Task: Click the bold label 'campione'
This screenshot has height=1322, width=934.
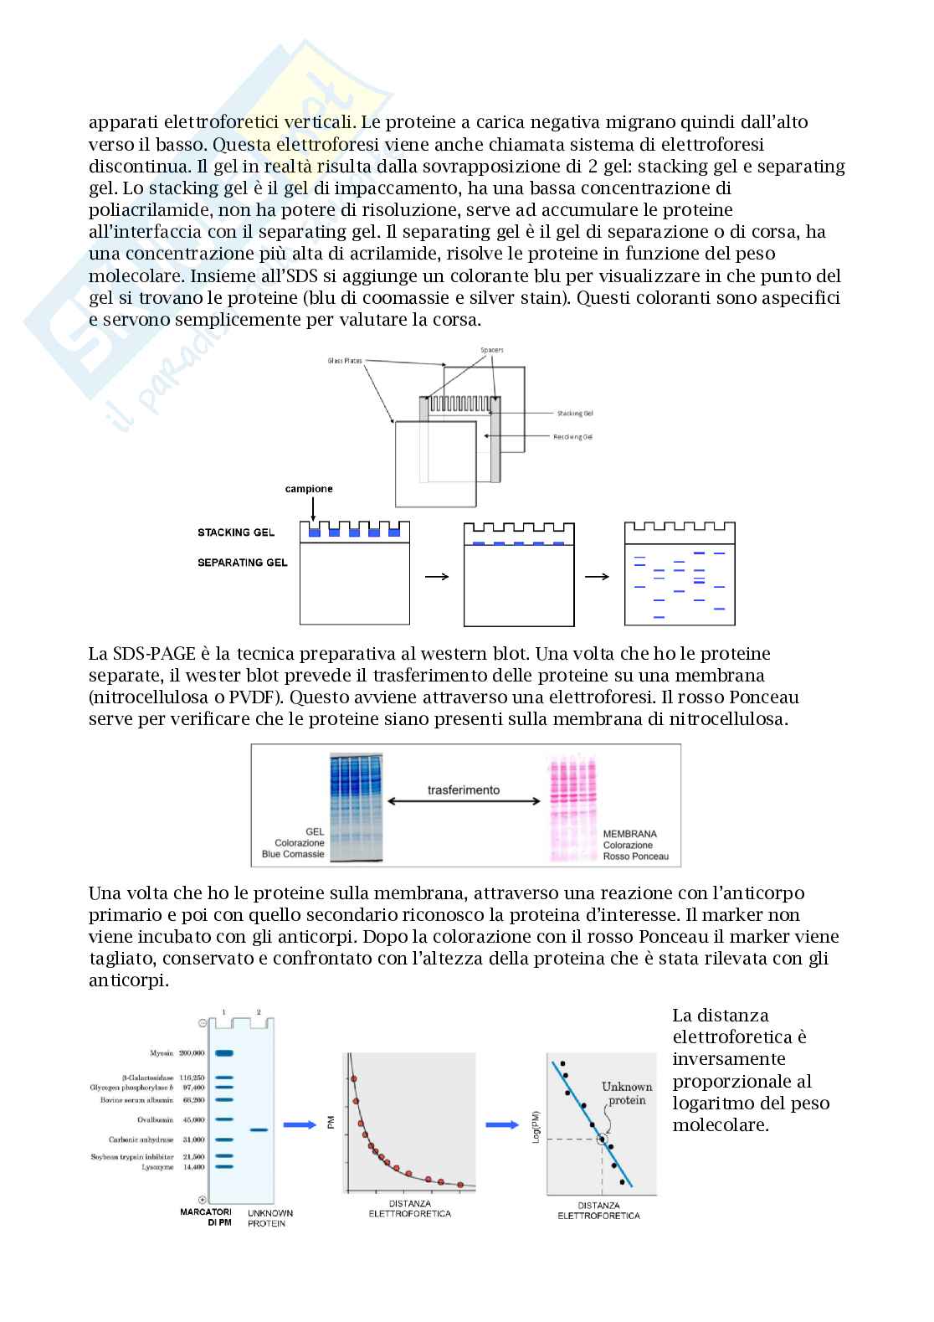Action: point(309,489)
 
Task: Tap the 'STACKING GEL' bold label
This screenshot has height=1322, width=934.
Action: point(236,532)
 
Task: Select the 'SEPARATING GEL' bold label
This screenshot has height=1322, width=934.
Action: point(242,563)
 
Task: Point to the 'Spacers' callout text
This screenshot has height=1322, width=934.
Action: point(492,350)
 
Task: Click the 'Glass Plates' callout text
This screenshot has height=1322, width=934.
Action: point(345,361)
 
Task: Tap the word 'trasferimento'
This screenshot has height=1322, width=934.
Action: point(464,790)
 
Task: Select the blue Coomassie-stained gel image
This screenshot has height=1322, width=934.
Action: point(356,807)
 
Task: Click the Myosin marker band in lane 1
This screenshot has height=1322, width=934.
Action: point(223,1053)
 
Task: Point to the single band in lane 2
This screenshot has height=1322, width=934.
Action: point(259,1130)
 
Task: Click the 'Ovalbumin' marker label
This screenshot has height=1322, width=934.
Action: point(154,1119)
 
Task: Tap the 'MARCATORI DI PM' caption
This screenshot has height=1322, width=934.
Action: point(207,1217)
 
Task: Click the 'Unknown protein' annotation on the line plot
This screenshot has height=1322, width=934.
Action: point(627,1093)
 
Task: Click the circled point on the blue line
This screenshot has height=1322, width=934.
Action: point(602,1139)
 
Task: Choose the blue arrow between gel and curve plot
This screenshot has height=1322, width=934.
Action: point(300,1124)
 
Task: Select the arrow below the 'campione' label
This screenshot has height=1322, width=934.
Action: point(311,509)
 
